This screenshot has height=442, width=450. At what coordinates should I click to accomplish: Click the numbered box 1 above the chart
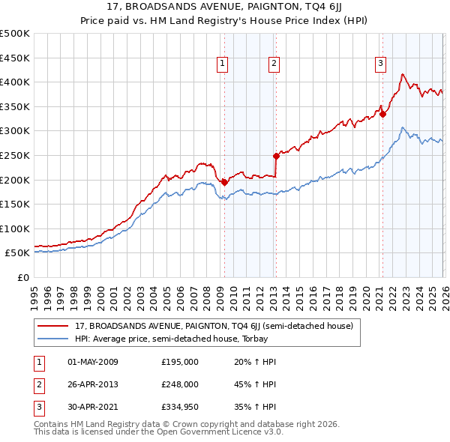pos(223,64)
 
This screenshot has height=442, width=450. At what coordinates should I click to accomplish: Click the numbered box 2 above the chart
pos(274,64)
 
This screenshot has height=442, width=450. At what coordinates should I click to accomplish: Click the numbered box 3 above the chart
pos(381,64)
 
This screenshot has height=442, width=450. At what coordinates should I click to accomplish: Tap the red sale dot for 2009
pos(224,182)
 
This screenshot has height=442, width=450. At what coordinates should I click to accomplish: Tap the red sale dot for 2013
pos(276,156)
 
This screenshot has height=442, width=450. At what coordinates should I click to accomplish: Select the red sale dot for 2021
pos(382,114)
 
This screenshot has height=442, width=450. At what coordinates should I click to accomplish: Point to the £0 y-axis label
pos(22,277)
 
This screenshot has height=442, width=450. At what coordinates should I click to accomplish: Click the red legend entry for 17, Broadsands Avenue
pos(217,326)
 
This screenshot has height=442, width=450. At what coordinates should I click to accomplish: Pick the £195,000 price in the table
pos(179,362)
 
